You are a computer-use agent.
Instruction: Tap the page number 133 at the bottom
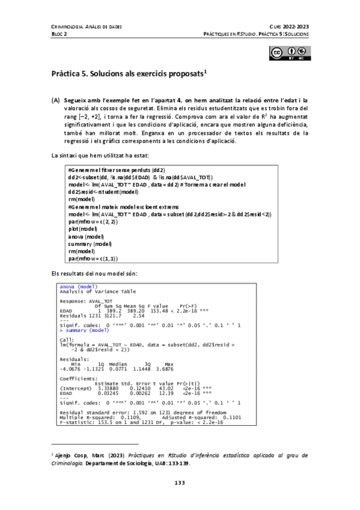[180, 482]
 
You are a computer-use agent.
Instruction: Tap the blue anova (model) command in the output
[79, 287]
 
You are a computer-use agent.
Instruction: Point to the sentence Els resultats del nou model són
[94, 273]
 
